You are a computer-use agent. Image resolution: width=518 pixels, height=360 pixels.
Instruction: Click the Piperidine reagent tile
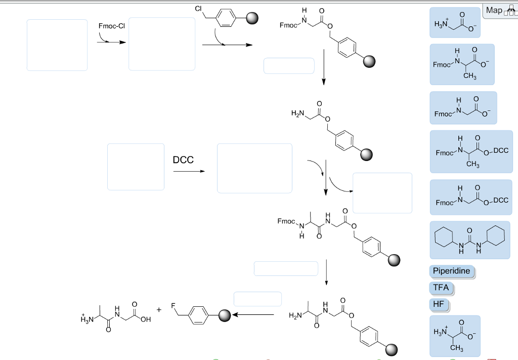tap(452, 271)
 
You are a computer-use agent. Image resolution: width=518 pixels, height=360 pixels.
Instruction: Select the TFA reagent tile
tap(441, 288)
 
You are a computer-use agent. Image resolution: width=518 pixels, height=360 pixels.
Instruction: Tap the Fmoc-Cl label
tap(112, 26)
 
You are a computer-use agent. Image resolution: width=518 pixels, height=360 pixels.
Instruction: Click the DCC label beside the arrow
tap(183, 160)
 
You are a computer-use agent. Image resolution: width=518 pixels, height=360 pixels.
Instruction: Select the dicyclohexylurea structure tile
tap(469, 239)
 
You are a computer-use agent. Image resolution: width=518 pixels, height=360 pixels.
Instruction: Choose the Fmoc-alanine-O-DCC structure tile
tap(471, 151)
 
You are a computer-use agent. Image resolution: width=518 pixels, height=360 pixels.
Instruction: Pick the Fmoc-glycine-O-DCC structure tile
tap(471, 196)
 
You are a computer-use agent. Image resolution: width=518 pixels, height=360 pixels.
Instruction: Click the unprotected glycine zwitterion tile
tap(454, 22)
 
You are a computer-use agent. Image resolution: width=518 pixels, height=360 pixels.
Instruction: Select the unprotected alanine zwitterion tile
tap(454, 336)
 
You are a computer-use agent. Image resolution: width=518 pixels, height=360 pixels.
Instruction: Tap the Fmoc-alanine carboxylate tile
tap(461, 64)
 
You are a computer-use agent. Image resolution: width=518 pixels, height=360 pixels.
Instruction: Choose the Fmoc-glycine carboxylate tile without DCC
tap(463, 108)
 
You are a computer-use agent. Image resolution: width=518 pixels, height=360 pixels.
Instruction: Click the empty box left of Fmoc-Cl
tap(57, 45)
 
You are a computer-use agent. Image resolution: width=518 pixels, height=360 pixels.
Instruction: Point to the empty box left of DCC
tap(136, 167)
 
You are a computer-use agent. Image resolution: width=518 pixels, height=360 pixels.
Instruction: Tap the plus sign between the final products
tap(159, 309)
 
